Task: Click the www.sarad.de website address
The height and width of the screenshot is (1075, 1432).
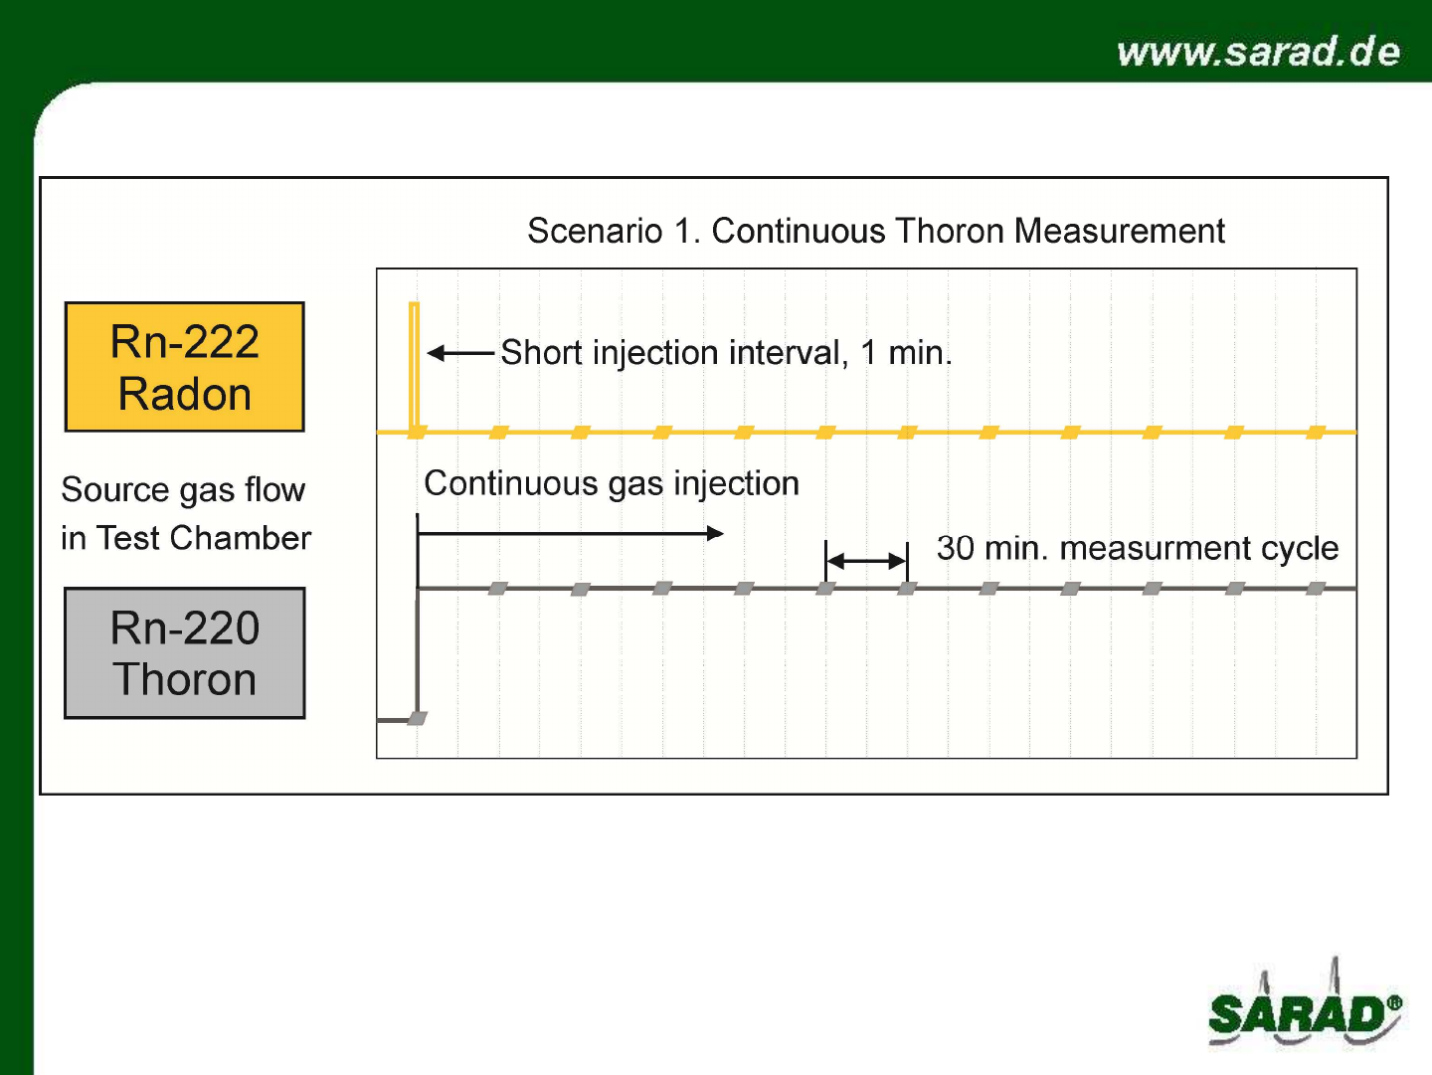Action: pyautogui.click(x=1258, y=52)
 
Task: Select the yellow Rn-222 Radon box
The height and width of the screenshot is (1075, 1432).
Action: pyautogui.click(x=185, y=367)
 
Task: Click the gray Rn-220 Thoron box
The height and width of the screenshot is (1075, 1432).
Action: pyautogui.click(x=185, y=653)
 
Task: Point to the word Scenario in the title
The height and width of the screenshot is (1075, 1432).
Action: pyautogui.click(x=595, y=231)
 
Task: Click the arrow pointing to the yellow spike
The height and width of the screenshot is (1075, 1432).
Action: pyautogui.click(x=460, y=353)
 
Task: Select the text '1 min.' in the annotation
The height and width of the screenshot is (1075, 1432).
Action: pyautogui.click(x=906, y=353)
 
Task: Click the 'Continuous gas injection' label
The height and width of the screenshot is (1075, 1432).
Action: pyautogui.click(x=612, y=483)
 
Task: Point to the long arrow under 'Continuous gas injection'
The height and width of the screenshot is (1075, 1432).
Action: pyautogui.click(x=570, y=534)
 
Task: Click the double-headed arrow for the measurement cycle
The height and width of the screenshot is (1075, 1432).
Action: pyautogui.click(x=866, y=560)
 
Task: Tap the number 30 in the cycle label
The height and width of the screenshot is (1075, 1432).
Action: pyautogui.click(x=956, y=548)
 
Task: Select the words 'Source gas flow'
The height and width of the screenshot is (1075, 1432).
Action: pyautogui.click(x=183, y=490)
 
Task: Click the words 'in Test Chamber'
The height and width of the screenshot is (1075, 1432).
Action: pyautogui.click(x=186, y=538)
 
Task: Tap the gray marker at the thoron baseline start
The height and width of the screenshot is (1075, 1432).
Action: pyautogui.click(x=418, y=718)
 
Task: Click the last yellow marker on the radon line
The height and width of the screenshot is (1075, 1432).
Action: pyautogui.click(x=1316, y=432)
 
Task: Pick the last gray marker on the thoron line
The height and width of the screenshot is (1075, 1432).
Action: pyautogui.click(x=1316, y=589)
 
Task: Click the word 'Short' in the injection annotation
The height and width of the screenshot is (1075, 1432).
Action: pyautogui.click(x=542, y=353)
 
